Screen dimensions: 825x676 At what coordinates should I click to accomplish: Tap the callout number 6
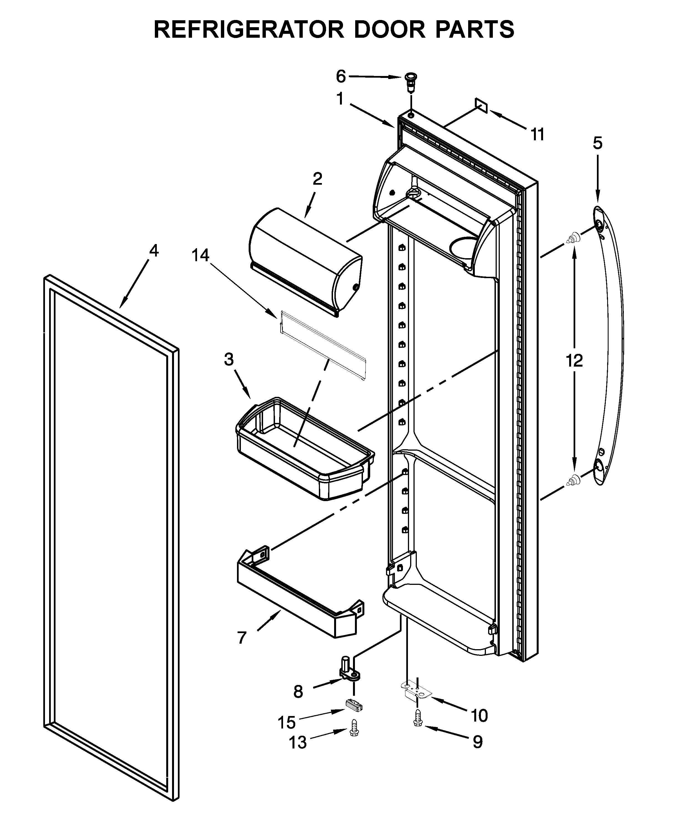pyautogui.click(x=341, y=77)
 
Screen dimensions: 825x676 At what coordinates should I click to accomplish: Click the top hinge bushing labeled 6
pyautogui.click(x=410, y=81)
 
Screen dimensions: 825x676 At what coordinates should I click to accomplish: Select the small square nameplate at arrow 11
pyautogui.click(x=481, y=105)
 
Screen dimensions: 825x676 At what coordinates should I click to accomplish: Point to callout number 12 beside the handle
pyautogui.click(x=574, y=361)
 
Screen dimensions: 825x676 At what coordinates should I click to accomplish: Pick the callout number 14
pyautogui.click(x=200, y=255)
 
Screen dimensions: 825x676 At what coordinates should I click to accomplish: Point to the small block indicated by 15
pyautogui.click(x=354, y=704)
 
